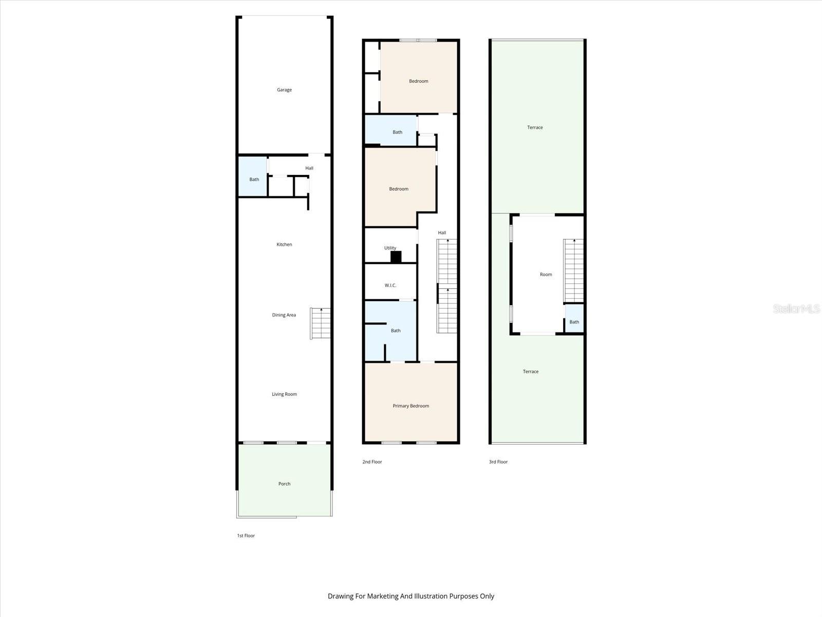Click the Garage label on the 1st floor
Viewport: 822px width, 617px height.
pos(284,90)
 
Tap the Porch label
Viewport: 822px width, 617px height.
pos(284,484)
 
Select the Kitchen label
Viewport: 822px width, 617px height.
pos(284,245)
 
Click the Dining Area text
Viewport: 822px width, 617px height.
pos(284,315)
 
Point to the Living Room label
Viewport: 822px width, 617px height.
pos(284,394)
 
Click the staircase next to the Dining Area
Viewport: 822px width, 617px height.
pos(321,323)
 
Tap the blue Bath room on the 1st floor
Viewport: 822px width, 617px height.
pos(253,176)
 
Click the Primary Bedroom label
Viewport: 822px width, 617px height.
pos(410,406)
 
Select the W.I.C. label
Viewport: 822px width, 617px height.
pos(390,285)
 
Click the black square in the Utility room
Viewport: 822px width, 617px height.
pos(396,257)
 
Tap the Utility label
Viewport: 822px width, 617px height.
pos(390,248)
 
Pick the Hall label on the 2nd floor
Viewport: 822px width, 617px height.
pos(442,233)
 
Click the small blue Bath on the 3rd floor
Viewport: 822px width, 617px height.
pos(574,320)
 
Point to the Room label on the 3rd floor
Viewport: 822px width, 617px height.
pos(546,275)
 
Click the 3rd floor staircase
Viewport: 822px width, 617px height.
pos(573,270)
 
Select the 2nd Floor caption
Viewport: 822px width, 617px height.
pos(372,462)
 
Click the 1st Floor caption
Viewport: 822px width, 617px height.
pos(246,536)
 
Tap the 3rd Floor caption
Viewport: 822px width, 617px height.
pos(498,462)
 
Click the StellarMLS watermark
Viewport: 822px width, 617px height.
pos(796,308)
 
